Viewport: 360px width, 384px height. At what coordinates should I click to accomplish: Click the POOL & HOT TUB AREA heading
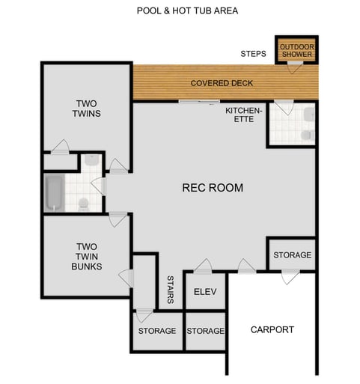(x=188, y=11)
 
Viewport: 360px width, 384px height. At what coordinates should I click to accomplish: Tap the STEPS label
(x=253, y=54)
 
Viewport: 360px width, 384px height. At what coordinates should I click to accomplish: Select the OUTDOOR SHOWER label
(x=296, y=50)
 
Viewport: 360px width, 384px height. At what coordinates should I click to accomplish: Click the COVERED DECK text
(x=221, y=83)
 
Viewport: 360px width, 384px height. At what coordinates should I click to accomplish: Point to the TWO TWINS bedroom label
(x=88, y=109)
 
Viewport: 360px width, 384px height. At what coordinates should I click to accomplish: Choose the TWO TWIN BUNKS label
(x=87, y=255)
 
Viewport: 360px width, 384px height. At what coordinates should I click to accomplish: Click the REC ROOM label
(x=213, y=188)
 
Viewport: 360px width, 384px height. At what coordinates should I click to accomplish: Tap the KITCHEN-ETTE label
(x=244, y=115)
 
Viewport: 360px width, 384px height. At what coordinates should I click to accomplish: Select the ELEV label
(x=204, y=292)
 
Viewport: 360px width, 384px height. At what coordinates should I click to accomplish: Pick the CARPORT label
(x=272, y=329)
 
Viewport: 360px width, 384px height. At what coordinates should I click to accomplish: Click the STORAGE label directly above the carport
(x=292, y=255)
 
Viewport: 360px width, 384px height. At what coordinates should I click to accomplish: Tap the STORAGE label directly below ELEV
(x=205, y=331)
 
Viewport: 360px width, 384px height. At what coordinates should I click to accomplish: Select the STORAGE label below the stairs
(x=156, y=331)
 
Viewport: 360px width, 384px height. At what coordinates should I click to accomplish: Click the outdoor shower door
(x=296, y=67)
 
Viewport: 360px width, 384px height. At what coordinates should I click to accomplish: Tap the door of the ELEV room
(x=202, y=266)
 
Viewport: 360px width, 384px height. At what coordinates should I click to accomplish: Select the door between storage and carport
(x=289, y=277)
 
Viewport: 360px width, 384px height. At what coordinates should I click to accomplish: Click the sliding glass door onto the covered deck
(x=199, y=101)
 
